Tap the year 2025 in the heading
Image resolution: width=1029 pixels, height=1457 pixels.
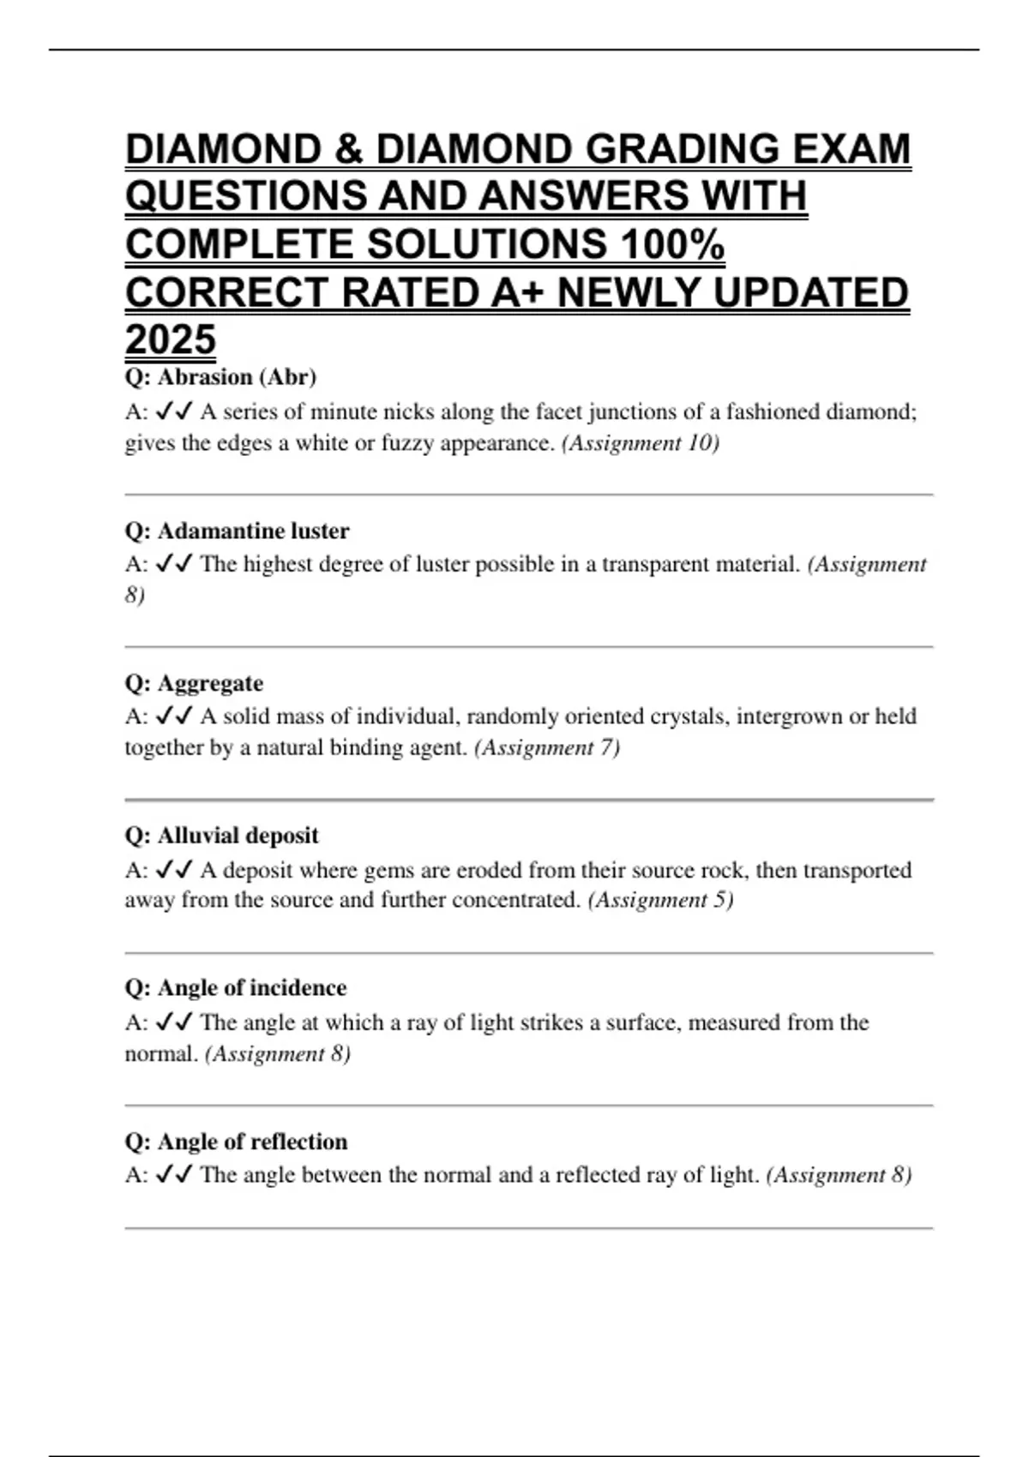click(170, 339)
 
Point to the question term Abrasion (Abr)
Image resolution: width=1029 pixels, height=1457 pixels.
click(237, 377)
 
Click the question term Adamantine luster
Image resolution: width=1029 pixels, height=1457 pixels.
click(253, 531)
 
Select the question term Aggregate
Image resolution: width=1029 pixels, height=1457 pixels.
click(210, 684)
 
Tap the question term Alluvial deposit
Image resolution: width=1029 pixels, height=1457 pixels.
click(238, 836)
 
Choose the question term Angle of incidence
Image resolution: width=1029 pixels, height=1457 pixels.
click(252, 988)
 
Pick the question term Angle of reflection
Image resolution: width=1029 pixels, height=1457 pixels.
click(252, 1142)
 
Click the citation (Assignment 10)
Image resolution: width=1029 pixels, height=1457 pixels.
click(640, 443)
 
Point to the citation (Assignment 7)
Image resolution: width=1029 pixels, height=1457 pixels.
click(546, 747)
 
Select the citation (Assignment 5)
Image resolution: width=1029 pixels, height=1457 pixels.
click(660, 900)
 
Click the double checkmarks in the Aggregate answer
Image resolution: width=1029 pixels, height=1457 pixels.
click(174, 717)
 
